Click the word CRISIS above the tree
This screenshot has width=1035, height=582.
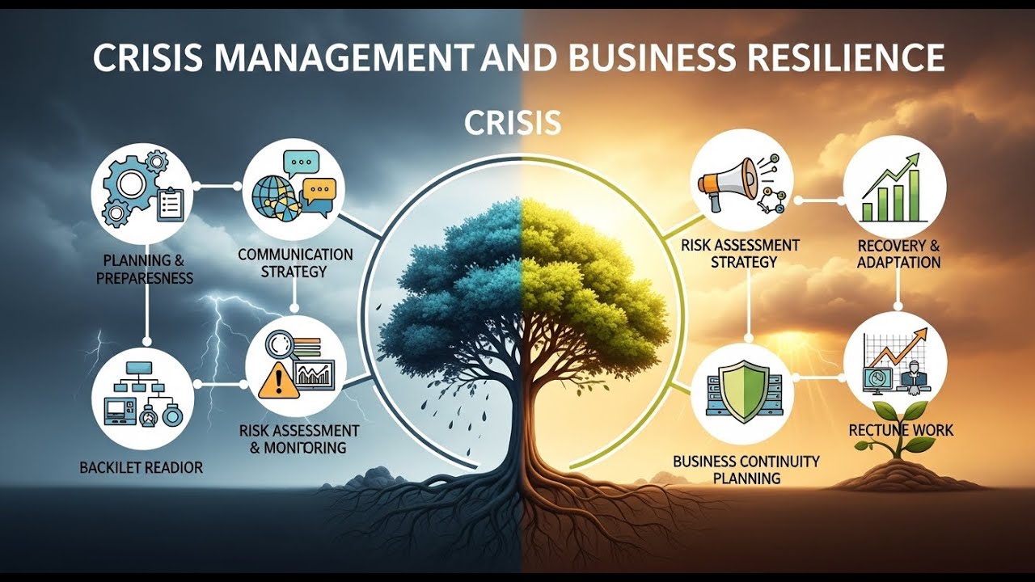[x=513, y=123]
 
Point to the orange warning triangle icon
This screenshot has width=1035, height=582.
[x=272, y=380]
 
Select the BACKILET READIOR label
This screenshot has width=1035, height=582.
[x=142, y=467]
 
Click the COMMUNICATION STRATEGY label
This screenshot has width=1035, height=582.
[x=295, y=263]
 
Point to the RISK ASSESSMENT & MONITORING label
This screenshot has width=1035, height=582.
[x=298, y=438]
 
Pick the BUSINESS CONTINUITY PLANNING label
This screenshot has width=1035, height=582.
[x=746, y=470]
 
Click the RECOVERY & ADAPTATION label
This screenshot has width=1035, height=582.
[x=898, y=253]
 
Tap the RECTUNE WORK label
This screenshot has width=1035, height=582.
[x=901, y=430]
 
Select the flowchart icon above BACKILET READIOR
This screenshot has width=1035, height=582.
[x=142, y=394]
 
